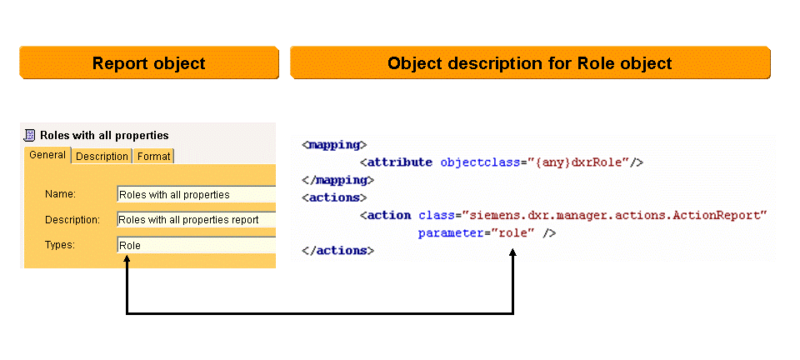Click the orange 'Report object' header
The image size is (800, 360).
[x=148, y=63]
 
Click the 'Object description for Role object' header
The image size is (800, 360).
[x=530, y=63]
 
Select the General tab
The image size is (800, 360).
[x=47, y=155]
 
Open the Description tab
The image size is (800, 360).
[x=102, y=156]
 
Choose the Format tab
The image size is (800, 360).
[x=153, y=156]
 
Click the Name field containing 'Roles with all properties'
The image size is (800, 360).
[x=196, y=195]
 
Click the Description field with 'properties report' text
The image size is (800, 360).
[x=196, y=220]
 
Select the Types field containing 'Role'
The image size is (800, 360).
[x=196, y=245]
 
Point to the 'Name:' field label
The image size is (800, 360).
[x=60, y=194]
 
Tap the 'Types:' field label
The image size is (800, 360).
[x=60, y=245]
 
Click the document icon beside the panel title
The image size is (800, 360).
[x=30, y=135]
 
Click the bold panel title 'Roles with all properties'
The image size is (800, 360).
[x=104, y=135]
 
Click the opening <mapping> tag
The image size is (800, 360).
[x=334, y=144]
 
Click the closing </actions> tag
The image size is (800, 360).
[x=337, y=250]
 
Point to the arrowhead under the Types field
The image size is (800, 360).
[x=127, y=260]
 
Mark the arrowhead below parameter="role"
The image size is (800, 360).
[x=512, y=252]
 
